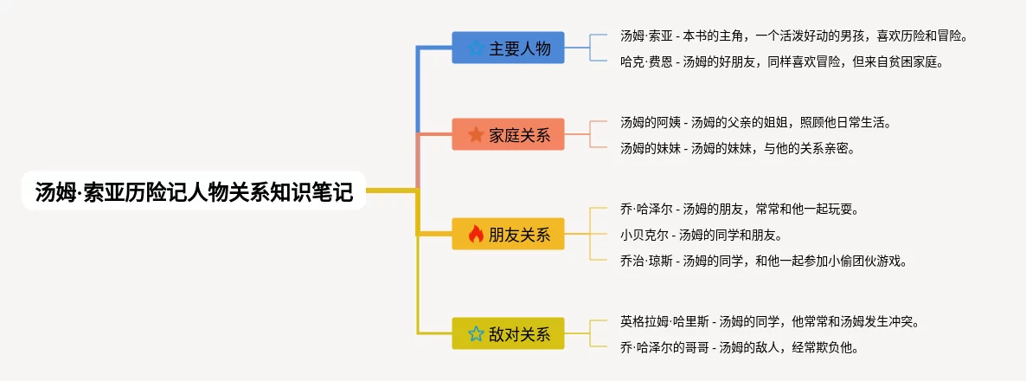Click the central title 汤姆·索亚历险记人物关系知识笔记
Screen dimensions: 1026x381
pyautogui.click(x=194, y=191)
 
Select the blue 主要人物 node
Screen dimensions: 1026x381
pyautogui.click(x=508, y=48)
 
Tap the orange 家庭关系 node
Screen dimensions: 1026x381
pyautogui.click(x=508, y=134)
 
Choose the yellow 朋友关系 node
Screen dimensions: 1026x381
pyautogui.click(x=508, y=235)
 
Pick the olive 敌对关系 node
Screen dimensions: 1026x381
pyautogui.click(x=508, y=334)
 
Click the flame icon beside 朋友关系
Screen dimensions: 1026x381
pyautogui.click(x=477, y=234)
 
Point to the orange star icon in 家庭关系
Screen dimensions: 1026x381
pyautogui.click(x=477, y=134)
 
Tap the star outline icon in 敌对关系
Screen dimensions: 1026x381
pyautogui.click(x=477, y=334)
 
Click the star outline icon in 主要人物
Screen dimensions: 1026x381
pyautogui.click(x=477, y=48)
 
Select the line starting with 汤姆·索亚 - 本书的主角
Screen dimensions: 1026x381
pyautogui.click(x=793, y=36)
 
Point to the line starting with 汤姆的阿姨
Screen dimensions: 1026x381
pyautogui.click(x=756, y=122)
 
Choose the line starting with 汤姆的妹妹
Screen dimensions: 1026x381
pyautogui.click(x=738, y=149)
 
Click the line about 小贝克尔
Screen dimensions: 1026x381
pyautogui.click(x=701, y=235)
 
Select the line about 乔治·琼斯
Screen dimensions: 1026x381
pyautogui.click(x=763, y=261)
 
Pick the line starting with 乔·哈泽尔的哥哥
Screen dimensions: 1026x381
pyautogui.click(x=739, y=347)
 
